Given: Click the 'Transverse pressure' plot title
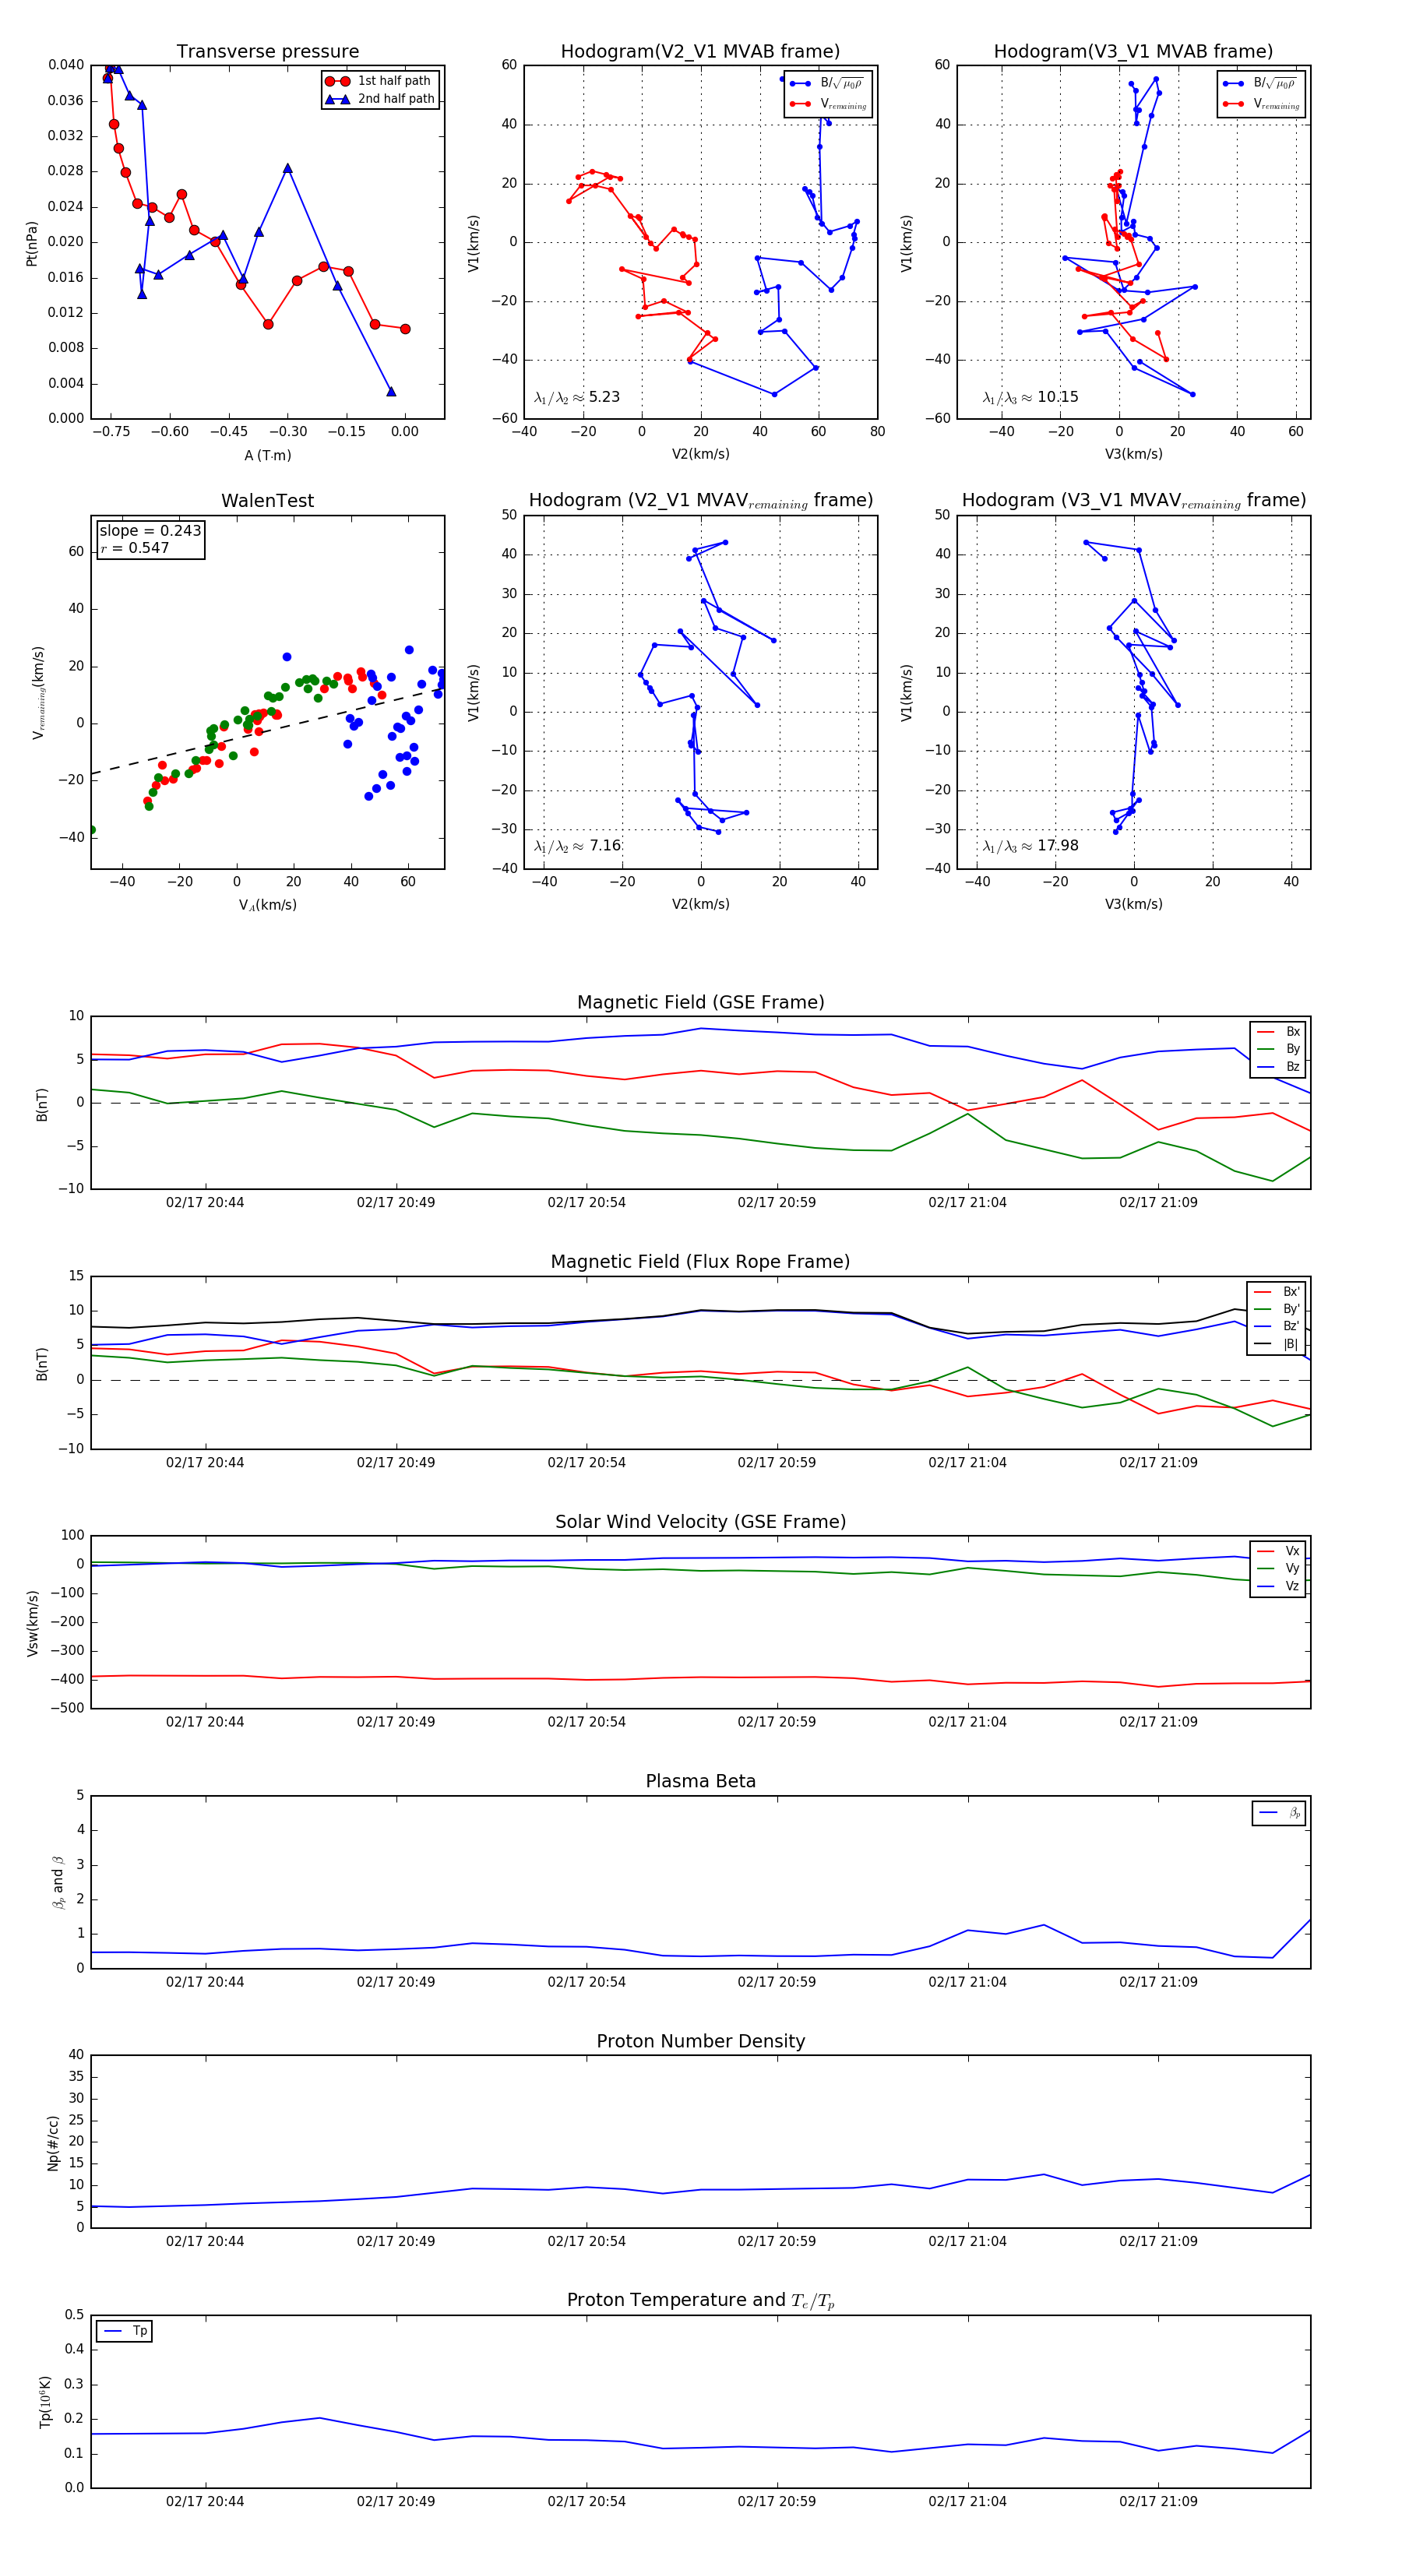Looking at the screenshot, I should (x=267, y=52).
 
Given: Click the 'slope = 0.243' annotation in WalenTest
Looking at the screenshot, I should (x=150, y=531).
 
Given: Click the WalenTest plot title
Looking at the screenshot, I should (x=267, y=501).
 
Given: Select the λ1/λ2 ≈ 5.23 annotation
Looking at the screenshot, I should (x=576, y=397).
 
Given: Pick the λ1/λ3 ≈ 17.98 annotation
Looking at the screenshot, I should (x=1030, y=846).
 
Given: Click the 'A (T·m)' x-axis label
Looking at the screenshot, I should (x=267, y=455).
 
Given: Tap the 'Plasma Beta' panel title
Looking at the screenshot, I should (x=700, y=1782).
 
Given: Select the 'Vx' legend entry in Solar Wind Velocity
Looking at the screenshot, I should (x=1291, y=1551).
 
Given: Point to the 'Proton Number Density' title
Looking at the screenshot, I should (x=700, y=2041).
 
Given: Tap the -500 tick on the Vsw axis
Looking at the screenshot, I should (x=71, y=1708).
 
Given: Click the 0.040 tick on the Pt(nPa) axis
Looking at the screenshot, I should (x=66, y=65).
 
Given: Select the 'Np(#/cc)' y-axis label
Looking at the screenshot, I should (x=53, y=2143).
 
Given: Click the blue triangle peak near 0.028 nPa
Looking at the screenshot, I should (x=287, y=168).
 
